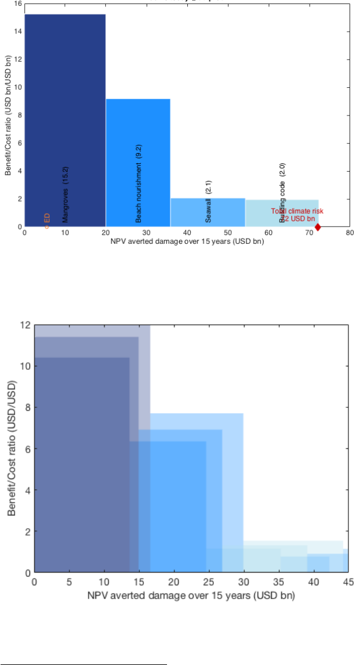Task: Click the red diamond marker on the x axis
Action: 318,227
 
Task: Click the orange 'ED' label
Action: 47,219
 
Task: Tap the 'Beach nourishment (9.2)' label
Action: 139,184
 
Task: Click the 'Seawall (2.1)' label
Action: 209,202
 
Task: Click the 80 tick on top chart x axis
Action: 349,234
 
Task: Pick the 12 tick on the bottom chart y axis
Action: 24,325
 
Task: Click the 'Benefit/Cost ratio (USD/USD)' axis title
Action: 12,448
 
